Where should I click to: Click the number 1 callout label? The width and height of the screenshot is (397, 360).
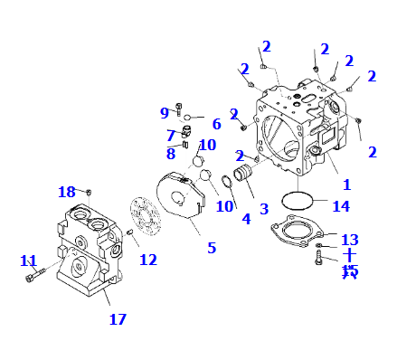pyautogui.click(x=345, y=184)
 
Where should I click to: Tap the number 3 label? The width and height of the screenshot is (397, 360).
pyautogui.click(x=264, y=209)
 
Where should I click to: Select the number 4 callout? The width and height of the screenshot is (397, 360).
pyautogui.click(x=245, y=218)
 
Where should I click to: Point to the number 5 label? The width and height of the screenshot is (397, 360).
pyautogui.click(x=212, y=247)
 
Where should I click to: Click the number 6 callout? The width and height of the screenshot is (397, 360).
pyautogui.click(x=216, y=124)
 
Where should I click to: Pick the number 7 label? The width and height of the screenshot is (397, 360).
pyautogui.click(x=170, y=136)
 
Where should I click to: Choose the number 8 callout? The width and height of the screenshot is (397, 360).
pyautogui.click(x=170, y=153)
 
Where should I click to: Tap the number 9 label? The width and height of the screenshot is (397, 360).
pyautogui.click(x=165, y=113)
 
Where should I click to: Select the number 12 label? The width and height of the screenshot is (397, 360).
pyautogui.click(x=147, y=260)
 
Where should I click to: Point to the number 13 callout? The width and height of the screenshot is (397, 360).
pyautogui.click(x=349, y=239)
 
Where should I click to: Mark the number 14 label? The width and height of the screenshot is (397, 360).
pyautogui.click(x=340, y=206)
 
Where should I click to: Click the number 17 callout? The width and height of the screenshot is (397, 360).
pyautogui.click(x=118, y=318)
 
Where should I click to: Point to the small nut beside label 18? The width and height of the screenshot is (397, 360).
pyautogui.click(x=90, y=192)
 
